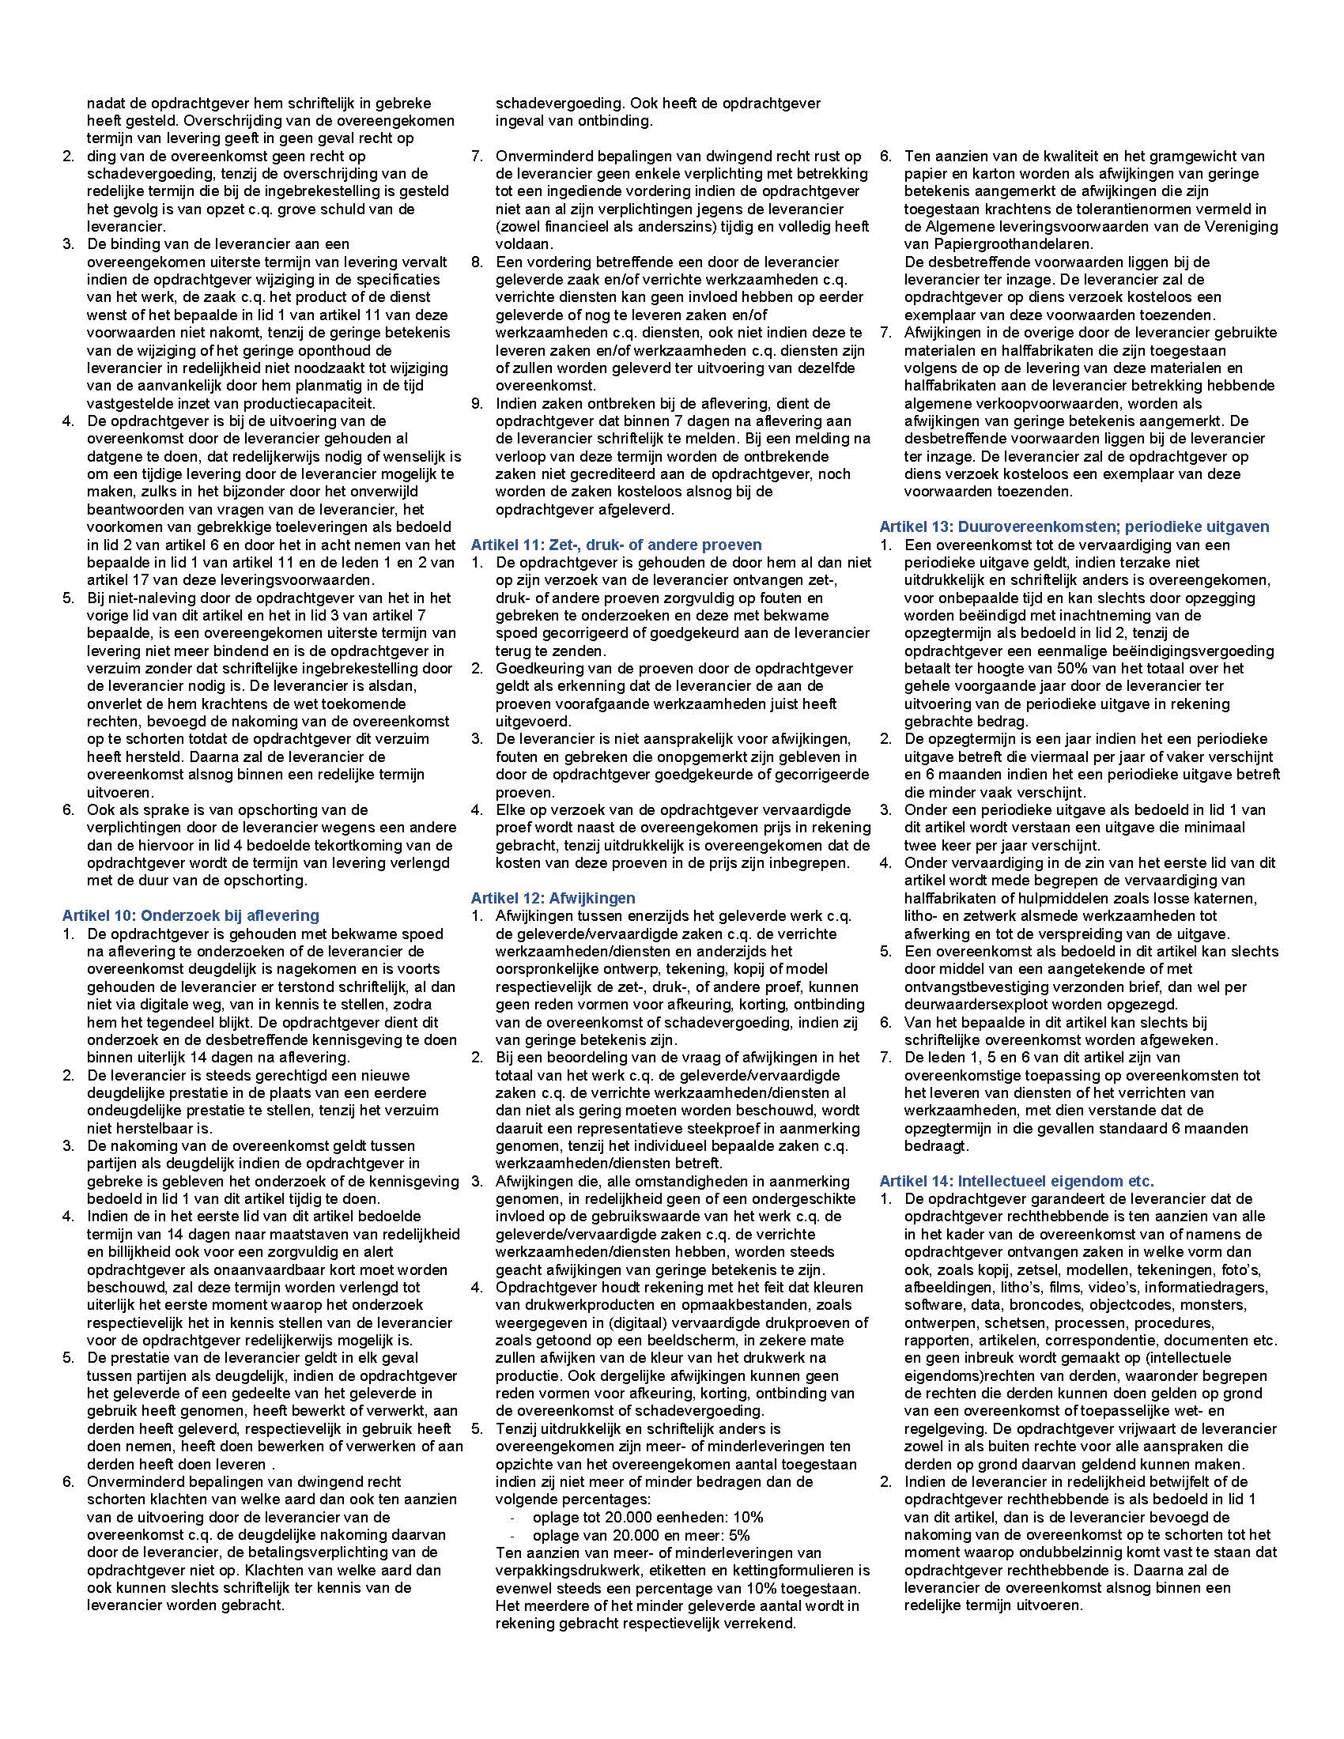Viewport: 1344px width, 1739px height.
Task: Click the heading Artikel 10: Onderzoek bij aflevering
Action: pyautogui.click(x=191, y=915)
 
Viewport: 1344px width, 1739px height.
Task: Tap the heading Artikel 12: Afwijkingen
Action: pyautogui.click(x=553, y=898)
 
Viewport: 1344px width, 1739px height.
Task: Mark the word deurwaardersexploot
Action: pyautogui.click(x=968, y=1004)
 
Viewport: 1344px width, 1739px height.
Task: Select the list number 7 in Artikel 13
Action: pyautogui.click(x=885, y=1057)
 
